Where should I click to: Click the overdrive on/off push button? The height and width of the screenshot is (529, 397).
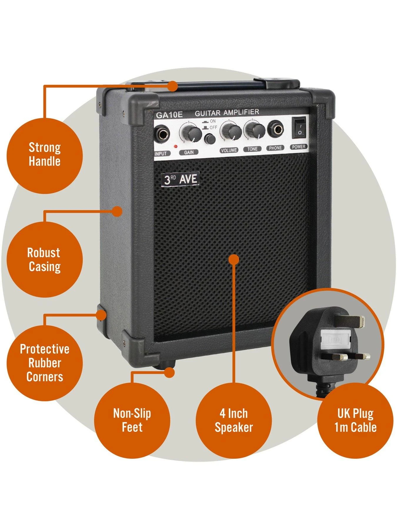(209, 138)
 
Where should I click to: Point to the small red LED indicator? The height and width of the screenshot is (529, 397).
(176, 146)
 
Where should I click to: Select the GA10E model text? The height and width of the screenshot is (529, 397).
(169, 115)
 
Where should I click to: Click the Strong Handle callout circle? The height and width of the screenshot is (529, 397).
(44, 155)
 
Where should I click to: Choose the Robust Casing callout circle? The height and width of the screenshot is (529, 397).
(44, 260)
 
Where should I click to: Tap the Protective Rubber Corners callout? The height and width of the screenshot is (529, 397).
(44, 363)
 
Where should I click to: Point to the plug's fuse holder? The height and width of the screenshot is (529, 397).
(336, 340)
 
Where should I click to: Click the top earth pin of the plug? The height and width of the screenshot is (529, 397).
(352, 321)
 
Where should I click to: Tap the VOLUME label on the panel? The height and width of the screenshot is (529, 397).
(229, 150)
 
